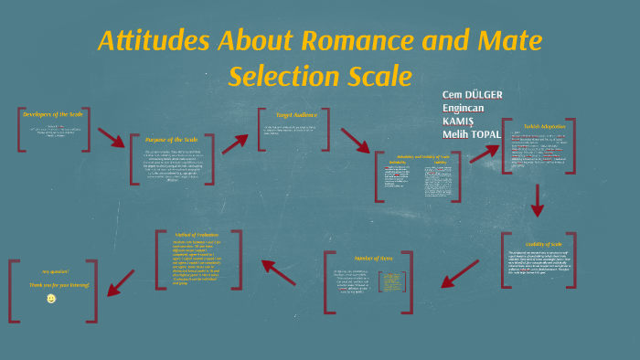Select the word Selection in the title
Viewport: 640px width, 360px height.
pyautogui.click(x=280, y=76)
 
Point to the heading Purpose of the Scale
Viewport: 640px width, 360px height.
pyautogui.click(x=172, y=140)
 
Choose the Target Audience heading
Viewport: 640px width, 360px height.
pyautogui.click(x=290, y=115)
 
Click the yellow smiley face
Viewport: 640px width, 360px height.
pyautogui.click(x=51, y=299)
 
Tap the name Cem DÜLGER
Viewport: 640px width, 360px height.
pyautogui.click(x=472, y=95)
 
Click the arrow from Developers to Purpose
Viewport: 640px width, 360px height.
pyautogui.click(x=112, y=137)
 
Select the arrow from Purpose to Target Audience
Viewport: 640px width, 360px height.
pyautogui.click(x=235, y=143)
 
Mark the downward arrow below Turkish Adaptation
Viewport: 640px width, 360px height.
pyautogui.click(x=538, y=200)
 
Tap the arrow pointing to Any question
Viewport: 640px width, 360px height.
pyautogui.click(x=121, y=282)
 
